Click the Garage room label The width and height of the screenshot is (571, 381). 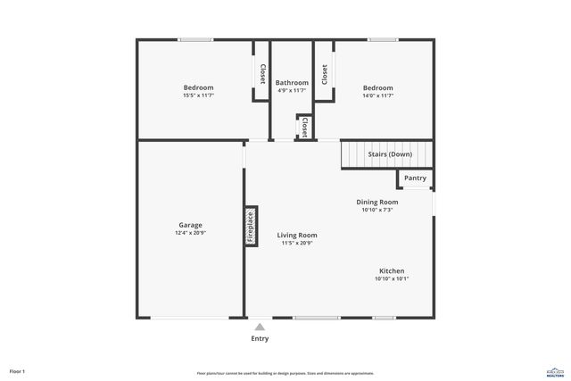(190, 225)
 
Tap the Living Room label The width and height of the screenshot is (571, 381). (296, 235)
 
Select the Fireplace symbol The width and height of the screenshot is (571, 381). (251, 227)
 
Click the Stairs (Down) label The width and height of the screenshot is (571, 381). (390, 154)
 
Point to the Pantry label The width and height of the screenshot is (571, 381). (415, 178)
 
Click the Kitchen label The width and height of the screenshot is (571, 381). (392, 270)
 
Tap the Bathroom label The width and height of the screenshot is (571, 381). (291, 82)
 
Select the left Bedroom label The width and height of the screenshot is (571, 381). (198, 87)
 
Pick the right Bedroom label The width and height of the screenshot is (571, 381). (377, 87)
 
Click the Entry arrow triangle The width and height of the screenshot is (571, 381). (260, 327)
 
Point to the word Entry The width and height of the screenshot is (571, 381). (260, 338)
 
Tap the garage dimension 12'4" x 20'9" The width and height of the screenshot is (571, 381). (190, 233)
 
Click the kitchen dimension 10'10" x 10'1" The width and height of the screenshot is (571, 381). (392, 278)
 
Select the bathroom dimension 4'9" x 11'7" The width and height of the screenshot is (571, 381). (291, 90)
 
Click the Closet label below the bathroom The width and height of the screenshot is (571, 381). (304, 126)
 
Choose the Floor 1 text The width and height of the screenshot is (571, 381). (18, 370)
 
